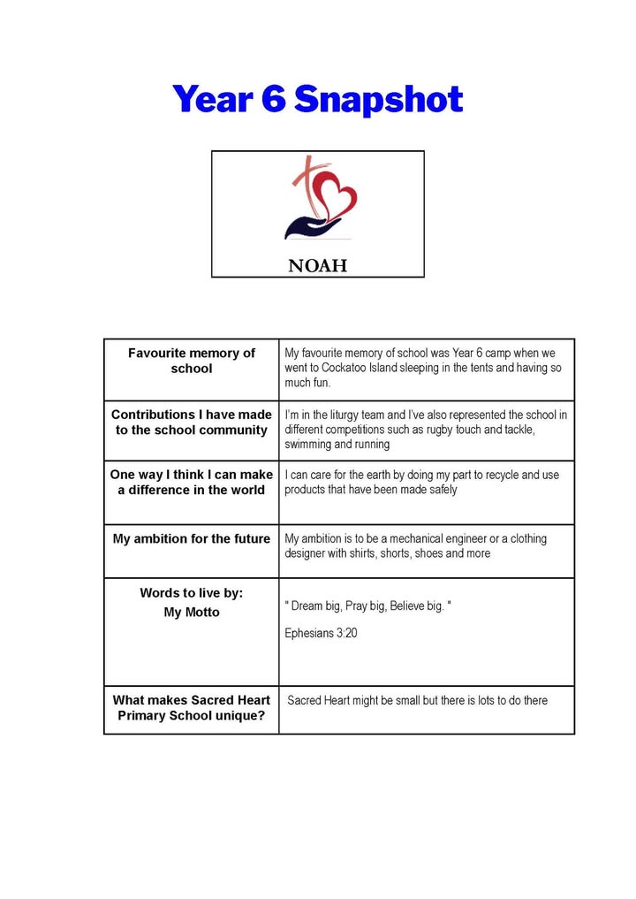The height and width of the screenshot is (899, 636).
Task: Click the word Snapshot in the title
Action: coord(378,99)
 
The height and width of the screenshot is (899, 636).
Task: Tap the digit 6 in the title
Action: coord(273,99)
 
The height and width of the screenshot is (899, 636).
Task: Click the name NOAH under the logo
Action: coord(318,265)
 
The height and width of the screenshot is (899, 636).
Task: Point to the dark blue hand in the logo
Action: coord(312,227)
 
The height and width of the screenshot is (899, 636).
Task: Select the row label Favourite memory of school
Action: coord(192,361)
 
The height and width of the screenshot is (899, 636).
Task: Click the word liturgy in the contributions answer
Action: coord(336,415)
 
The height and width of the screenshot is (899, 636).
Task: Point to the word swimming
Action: coord(307,445)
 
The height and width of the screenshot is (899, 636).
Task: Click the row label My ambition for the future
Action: coord(192,538)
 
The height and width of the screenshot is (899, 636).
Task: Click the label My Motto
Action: coord(192,612)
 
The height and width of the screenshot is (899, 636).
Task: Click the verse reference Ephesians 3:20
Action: coord(321,633)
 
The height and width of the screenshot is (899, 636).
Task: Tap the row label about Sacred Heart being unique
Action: coord(192,707)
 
